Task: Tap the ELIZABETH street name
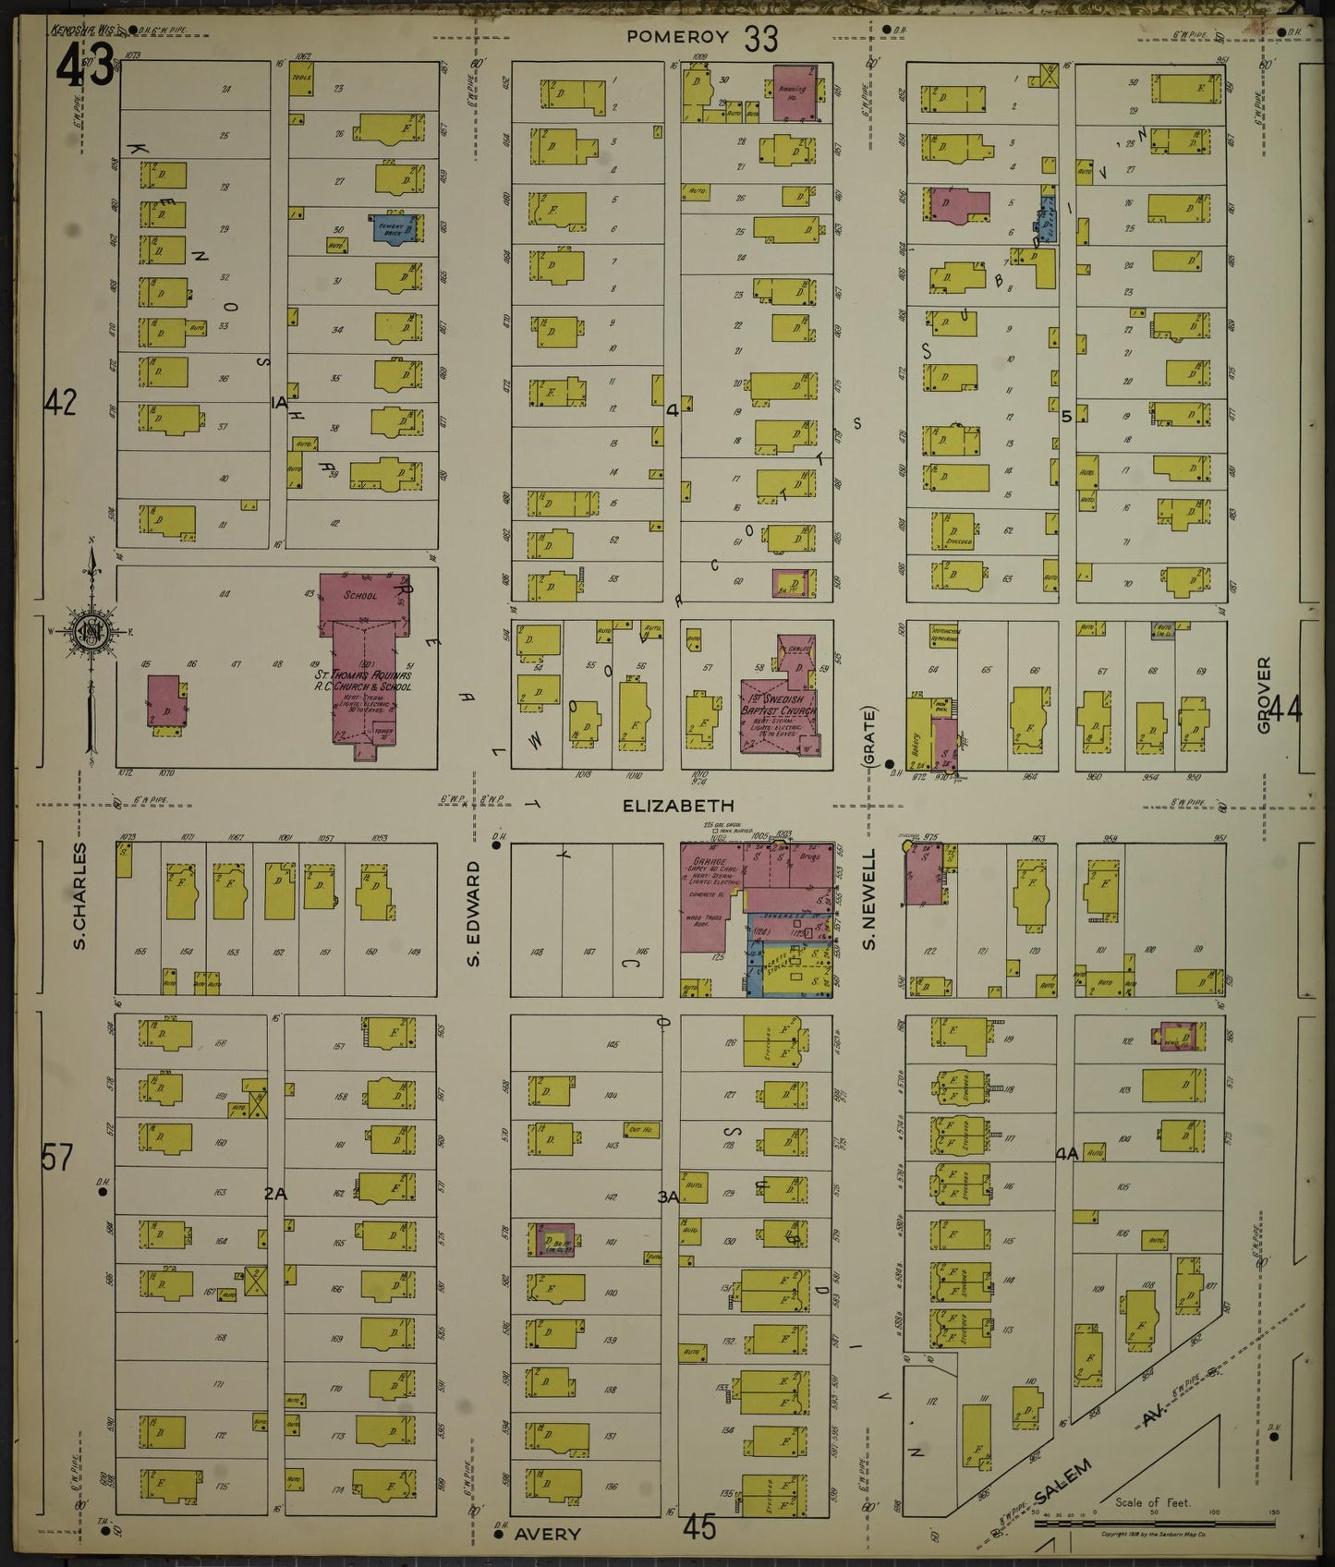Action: point(664,806)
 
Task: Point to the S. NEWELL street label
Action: point(868,912)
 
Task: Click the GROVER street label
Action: point(1263,695)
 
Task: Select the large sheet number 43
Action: point(86,67)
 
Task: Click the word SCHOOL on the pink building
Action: point(360,596)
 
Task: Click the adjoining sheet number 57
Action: point(56,1157)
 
